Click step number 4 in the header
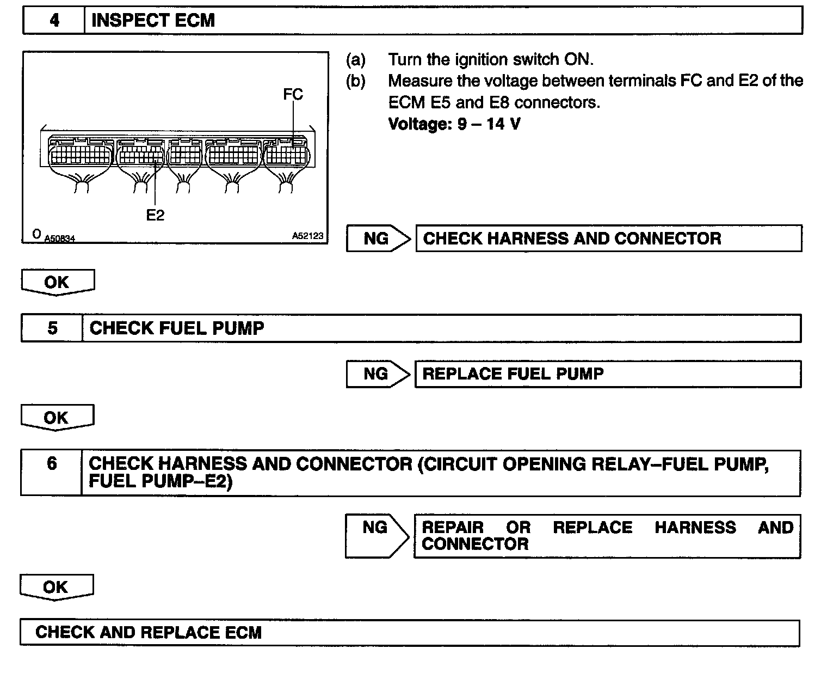click(54, 21)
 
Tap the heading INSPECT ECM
click(153, 21)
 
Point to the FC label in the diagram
click(293, 94)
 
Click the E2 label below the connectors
click(155, 216)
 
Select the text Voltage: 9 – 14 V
click(454, 124)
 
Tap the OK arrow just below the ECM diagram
click(57, 282)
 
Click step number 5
click(52, 328)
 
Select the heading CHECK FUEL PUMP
click(177, 328)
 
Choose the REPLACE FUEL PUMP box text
click(513, 374)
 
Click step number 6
click(52, 464)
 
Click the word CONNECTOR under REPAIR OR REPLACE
click(475, 544)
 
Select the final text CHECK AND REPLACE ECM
click(149, 633)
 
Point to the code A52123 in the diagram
click(307, 236)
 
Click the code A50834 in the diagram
click(59, 238)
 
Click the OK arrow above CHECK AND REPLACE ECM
click(57, 587)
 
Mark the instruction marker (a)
click(356, 59)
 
